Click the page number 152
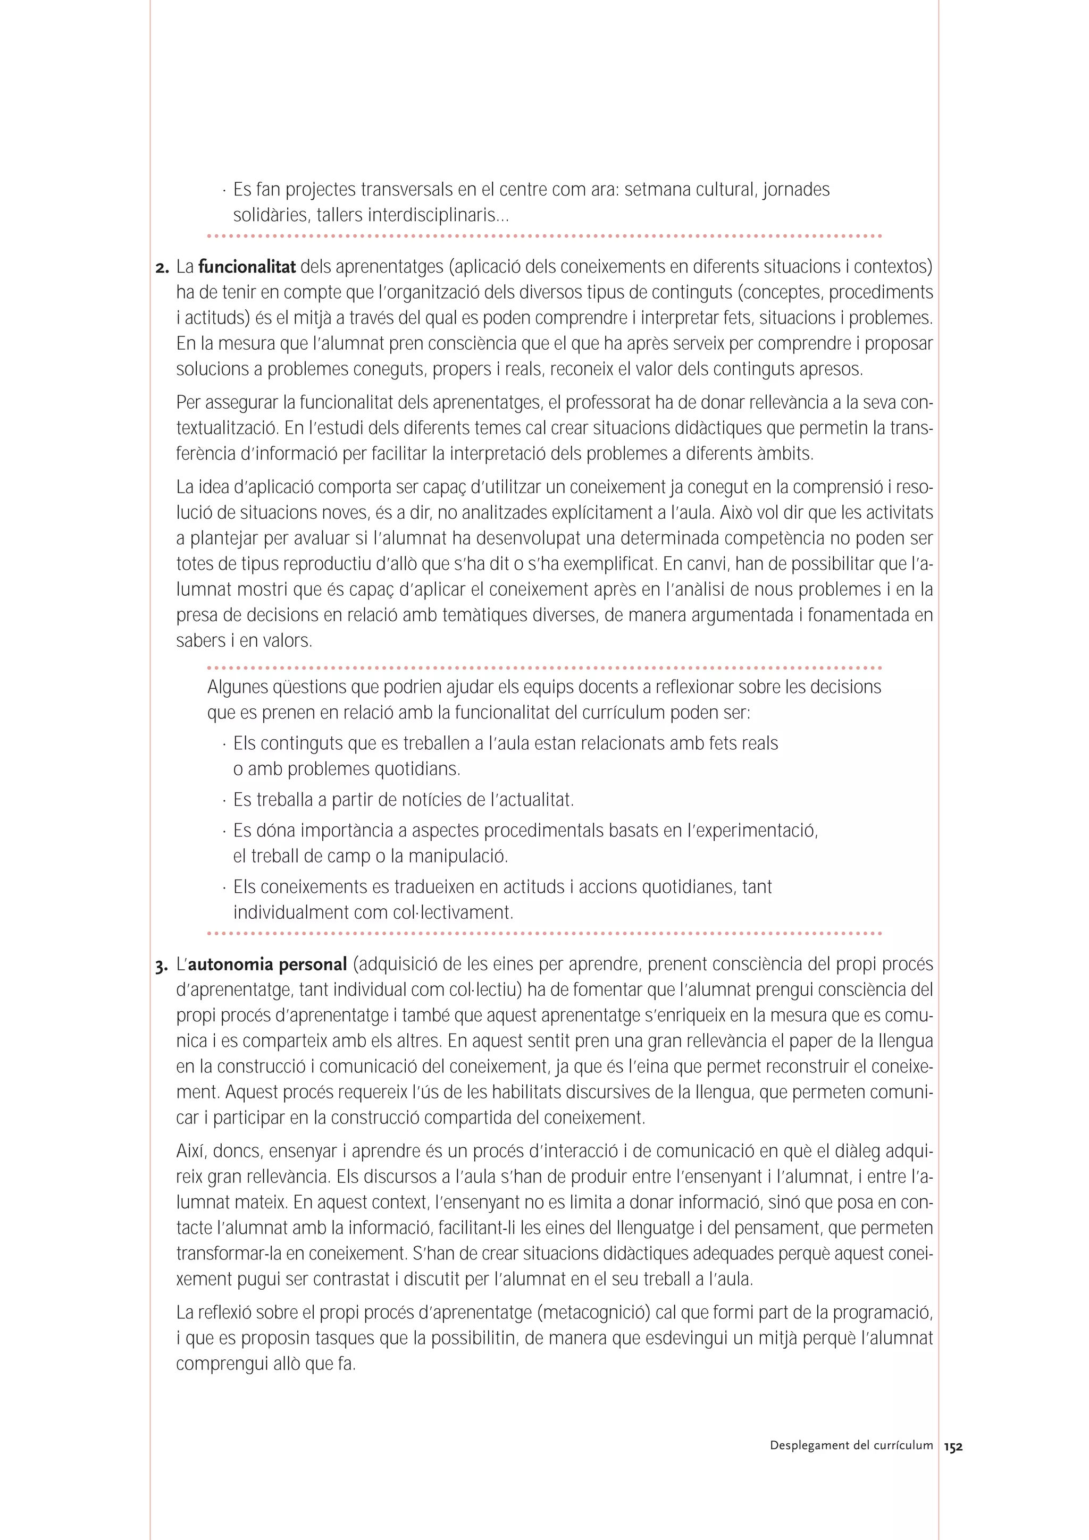click(x=953, y=1447)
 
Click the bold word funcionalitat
click(x=247, y=267)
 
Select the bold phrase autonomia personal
click(x=267, y=964)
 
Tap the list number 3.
click(x=161, y=966)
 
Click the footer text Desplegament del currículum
click(x=851, y=1445)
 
